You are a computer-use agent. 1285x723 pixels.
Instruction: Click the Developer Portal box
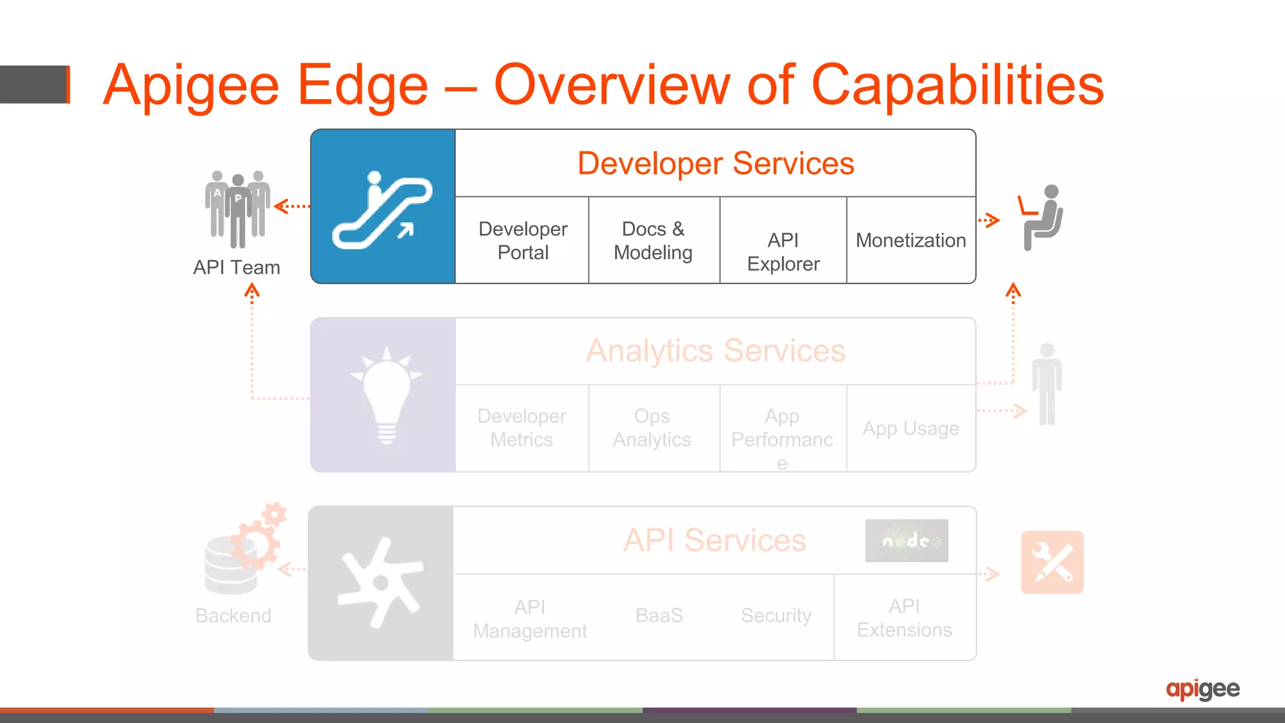[x=522, y=240]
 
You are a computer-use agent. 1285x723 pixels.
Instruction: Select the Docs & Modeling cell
[x=653, y=240]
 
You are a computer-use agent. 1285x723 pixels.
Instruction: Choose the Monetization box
[x=910, y=240]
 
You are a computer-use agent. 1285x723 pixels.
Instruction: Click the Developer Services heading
[x=715, y=163]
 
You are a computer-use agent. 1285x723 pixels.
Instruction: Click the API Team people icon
[x=237, y=209]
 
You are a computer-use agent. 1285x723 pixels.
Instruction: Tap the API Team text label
[x=237, y=267]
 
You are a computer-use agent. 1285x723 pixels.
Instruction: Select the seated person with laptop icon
[x=1042, y=217]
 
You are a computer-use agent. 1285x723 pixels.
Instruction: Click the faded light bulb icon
[x=387, y=395]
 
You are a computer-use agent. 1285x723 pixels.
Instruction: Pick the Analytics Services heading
[x=715, y=351]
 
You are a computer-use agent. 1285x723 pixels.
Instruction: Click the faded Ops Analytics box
[x=652, y=428]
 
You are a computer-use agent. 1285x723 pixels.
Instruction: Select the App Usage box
[x=910, y=429]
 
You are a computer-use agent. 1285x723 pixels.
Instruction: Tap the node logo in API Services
[x=906, y=540]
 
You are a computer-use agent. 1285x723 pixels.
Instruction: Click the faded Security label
[x=776, y=616]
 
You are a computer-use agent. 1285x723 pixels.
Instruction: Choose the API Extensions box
[x=904, y=618]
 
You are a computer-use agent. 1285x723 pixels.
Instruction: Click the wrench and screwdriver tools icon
[x=1052, y=562]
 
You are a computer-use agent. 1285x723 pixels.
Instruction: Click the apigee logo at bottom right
[x=1202, y=689]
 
